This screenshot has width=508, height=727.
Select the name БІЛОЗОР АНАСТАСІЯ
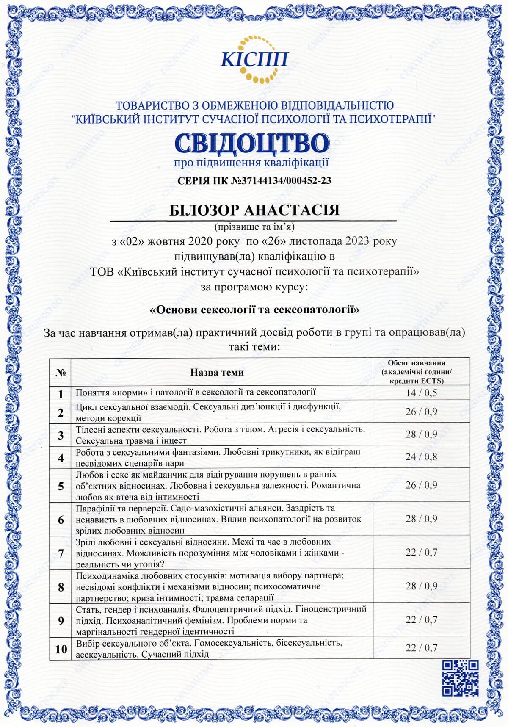pos(254,210)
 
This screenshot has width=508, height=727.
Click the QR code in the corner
pos(460,677)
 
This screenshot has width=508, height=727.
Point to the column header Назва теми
pos(217,372)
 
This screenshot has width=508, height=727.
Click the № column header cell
pos(61,373)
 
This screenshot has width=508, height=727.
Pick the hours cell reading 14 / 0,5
pos(421,393)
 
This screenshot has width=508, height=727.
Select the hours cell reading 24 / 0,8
pos(421,457)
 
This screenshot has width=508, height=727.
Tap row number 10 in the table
pos(61,649)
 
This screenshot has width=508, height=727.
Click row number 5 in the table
pos(61,486)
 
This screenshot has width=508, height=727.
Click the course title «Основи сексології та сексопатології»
pos(254,310)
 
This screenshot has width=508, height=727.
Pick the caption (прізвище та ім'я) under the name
pos(254,227)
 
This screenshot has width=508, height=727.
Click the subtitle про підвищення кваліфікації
pos(251,163)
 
